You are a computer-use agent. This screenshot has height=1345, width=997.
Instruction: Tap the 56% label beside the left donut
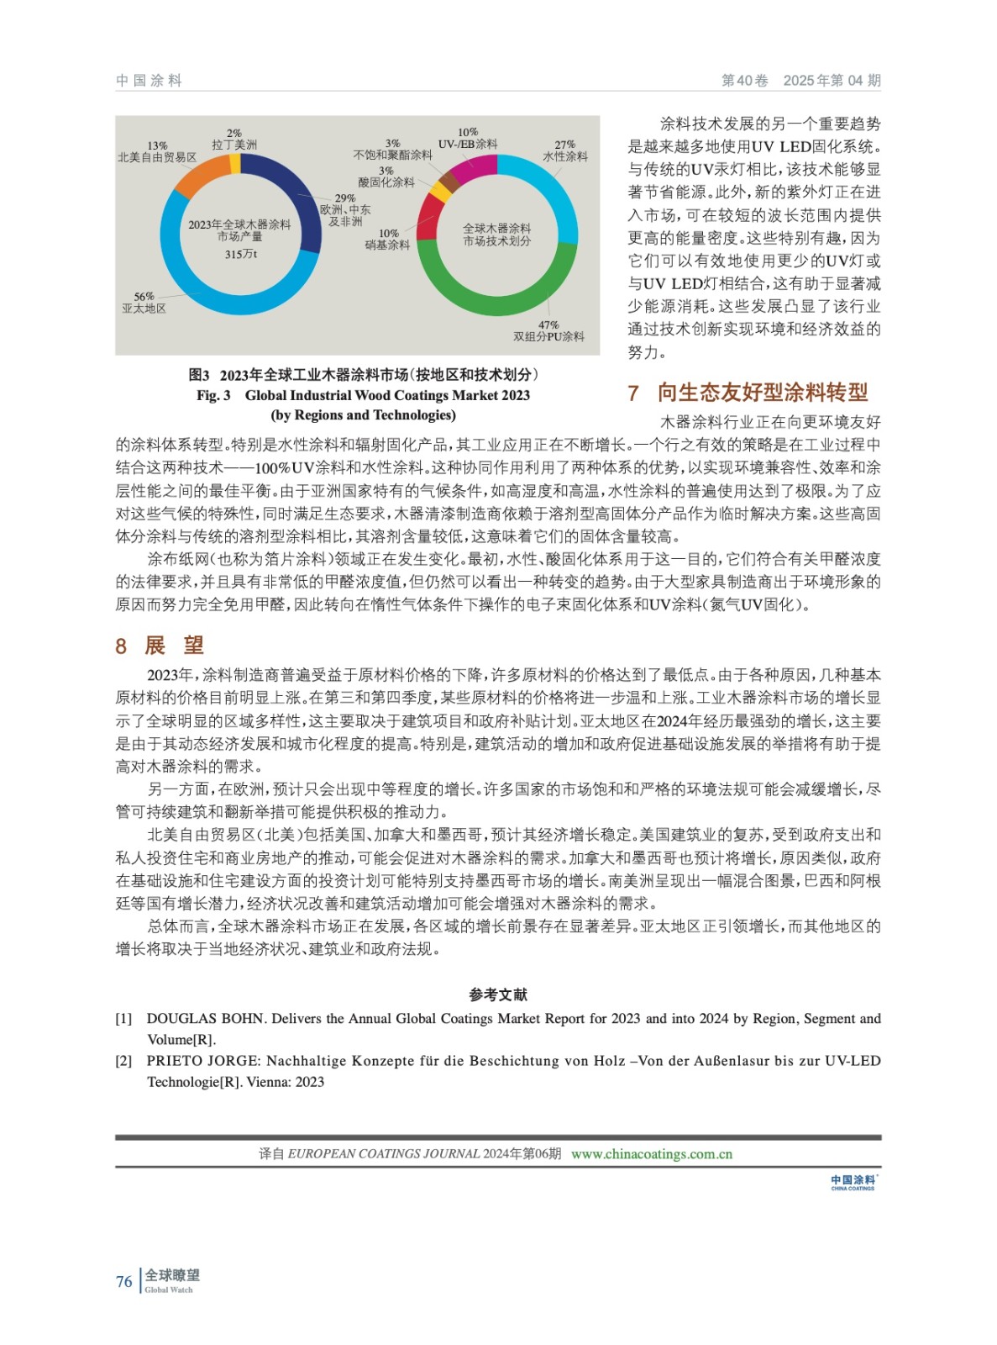click(x=144, y=297)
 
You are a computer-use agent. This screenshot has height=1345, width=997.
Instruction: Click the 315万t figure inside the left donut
click(x=240, y=254)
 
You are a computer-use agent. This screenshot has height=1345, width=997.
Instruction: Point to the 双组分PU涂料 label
click(x=548, y=336)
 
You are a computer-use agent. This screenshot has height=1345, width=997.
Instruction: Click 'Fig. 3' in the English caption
click(x=213, y=395)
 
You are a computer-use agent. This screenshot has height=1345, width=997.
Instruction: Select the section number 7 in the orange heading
click(x=633, y=393)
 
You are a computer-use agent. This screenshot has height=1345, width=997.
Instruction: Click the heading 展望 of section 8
click(x=175, y=645)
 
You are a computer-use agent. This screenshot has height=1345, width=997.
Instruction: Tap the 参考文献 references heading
click(x=498, y=994)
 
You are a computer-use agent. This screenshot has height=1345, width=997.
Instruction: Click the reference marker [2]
click(x=123, y=1061)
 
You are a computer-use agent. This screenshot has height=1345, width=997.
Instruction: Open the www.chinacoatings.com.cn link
click(x=652, y=1154)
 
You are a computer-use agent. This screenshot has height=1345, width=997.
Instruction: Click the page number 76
click(x=124, y=1281)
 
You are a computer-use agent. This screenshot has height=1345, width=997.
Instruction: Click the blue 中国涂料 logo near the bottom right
click(x=853, y=1182)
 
